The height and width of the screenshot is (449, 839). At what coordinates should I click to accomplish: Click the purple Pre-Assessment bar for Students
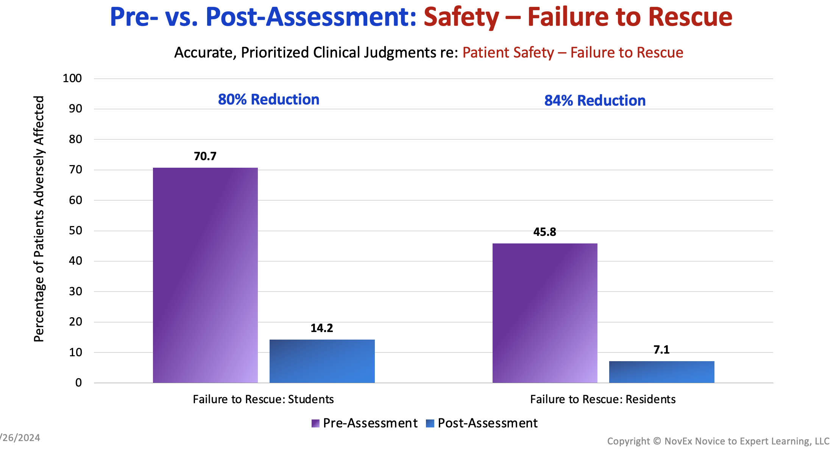click(x=205, y=275)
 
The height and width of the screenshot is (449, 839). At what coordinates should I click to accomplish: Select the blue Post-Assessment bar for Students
click(x=322, y=361)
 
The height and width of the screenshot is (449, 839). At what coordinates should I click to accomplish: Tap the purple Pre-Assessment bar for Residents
click(x=545, y=313)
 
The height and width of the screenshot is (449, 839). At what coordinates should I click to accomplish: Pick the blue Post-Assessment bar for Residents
click(x=662, y=372)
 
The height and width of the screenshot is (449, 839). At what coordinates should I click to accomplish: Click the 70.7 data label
click(x=205, y=156)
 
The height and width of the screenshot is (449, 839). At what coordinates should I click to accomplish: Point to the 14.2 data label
click(x=322, y=328)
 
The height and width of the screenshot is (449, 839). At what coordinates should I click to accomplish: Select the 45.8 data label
click(x=545, y=232)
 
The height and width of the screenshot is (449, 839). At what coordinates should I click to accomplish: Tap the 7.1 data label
click(x=662, y=350)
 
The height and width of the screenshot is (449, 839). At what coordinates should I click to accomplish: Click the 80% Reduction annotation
click(x=269, y=100)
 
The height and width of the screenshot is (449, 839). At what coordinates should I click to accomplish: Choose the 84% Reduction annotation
click(x=595, y=101)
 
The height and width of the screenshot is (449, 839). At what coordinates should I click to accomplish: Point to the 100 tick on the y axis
click(x=72, y=78)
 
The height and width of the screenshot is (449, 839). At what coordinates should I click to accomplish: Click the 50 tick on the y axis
click(x=75, y=231)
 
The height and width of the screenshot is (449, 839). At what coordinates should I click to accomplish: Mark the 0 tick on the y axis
click(x=78, y=383)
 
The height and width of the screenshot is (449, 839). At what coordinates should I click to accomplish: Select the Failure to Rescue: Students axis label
click(x=264, y=399)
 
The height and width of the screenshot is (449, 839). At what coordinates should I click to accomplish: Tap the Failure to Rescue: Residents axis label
click(x=603, y=399)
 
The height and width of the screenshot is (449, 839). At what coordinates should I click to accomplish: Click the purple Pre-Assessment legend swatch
click(x=315, y=423)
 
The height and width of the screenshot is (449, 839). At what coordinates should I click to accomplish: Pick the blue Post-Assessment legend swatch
click(x=430, y=423)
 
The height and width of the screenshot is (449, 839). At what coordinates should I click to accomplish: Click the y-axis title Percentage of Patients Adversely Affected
click(x=39, y=219)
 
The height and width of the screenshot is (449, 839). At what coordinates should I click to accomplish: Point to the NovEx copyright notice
click(x=718, y=441)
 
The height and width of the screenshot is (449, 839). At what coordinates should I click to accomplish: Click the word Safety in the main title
click(x=462, y=17)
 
